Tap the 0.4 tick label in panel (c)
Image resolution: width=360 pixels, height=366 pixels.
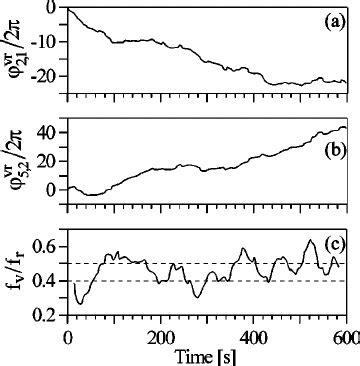43,281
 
